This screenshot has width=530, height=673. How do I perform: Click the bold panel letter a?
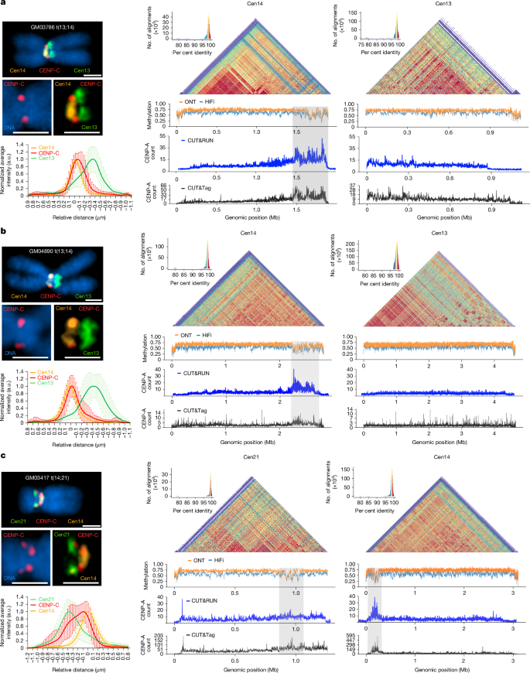tap(5, 6)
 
